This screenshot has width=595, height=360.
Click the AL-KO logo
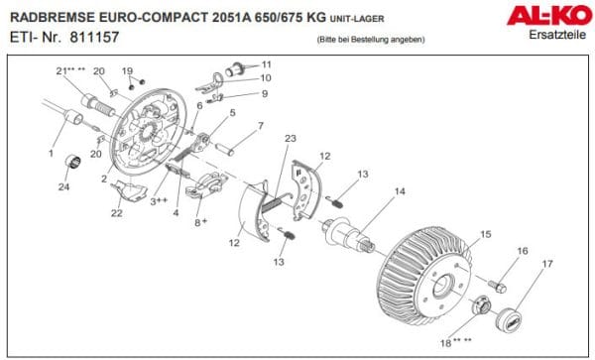549,15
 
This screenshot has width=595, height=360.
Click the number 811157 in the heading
94,37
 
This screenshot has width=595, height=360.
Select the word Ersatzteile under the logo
557,35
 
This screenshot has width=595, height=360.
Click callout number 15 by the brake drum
486,234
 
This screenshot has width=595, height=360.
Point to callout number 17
547,263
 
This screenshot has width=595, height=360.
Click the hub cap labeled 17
509,318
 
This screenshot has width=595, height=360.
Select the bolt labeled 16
497,286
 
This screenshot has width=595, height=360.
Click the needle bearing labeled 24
72,162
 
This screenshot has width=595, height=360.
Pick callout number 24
63,186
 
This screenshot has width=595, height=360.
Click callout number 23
291,139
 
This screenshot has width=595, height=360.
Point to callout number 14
400,191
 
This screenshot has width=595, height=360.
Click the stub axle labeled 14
347,233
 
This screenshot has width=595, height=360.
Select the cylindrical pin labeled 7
225,148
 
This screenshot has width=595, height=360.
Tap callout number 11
267,64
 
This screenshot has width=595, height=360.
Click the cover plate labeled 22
129,190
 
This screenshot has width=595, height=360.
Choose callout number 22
116,213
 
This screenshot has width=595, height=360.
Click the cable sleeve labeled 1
73,117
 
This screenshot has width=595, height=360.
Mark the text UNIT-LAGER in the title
357,19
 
